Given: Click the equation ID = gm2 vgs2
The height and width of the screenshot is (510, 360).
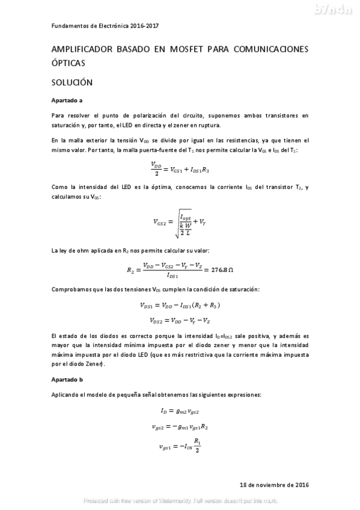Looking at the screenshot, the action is (x=180, y=411).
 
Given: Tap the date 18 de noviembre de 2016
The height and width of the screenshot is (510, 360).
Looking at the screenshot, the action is (x=273, y=484).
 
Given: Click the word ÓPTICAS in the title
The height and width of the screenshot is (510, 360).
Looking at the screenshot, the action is (x=69, y=62).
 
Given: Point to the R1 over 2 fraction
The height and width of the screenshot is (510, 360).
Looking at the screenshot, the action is (x=197, y=446).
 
